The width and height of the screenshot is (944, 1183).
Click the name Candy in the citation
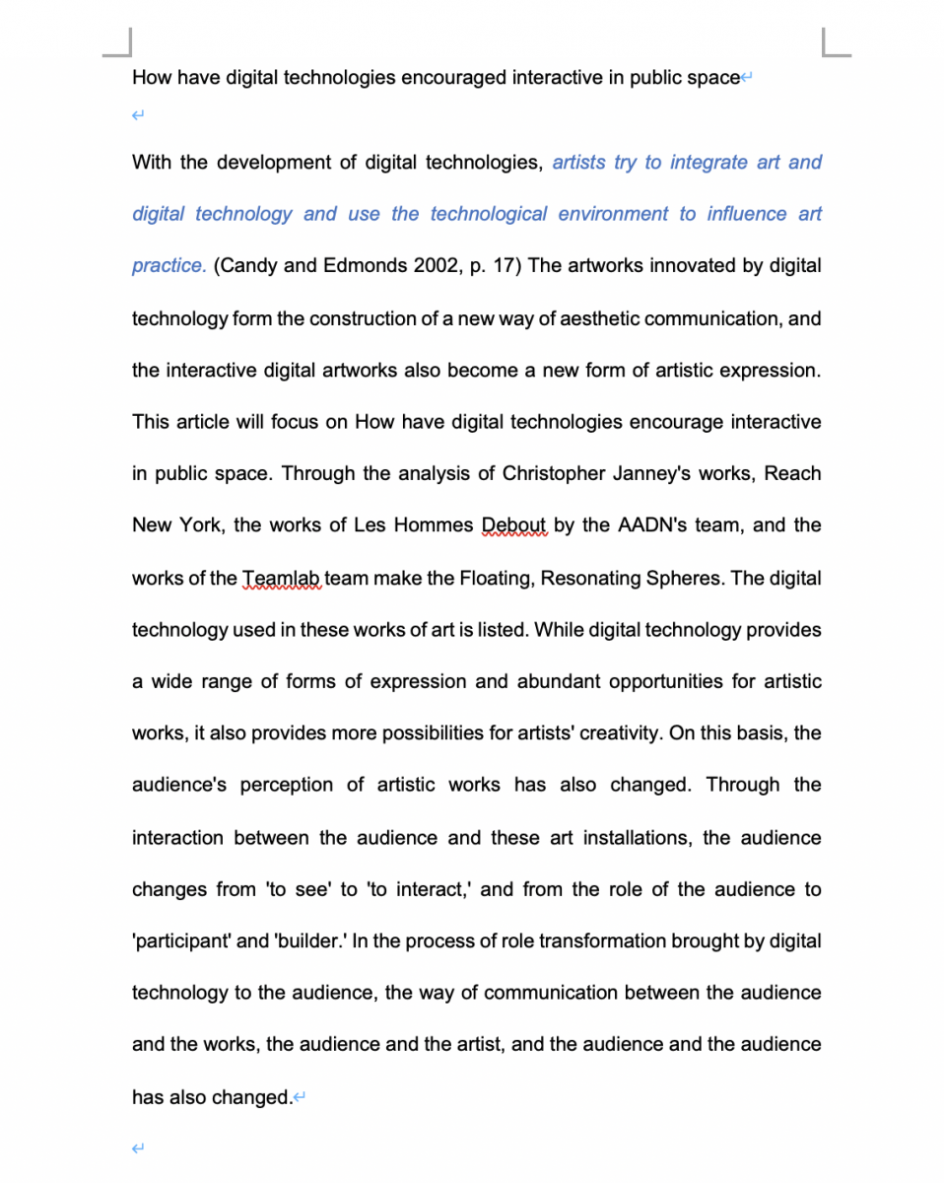click(x=243, y=266)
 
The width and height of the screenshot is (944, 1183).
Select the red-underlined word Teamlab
click(x=282, y=578)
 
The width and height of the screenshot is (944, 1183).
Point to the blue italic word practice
click(x=169, y=266)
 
